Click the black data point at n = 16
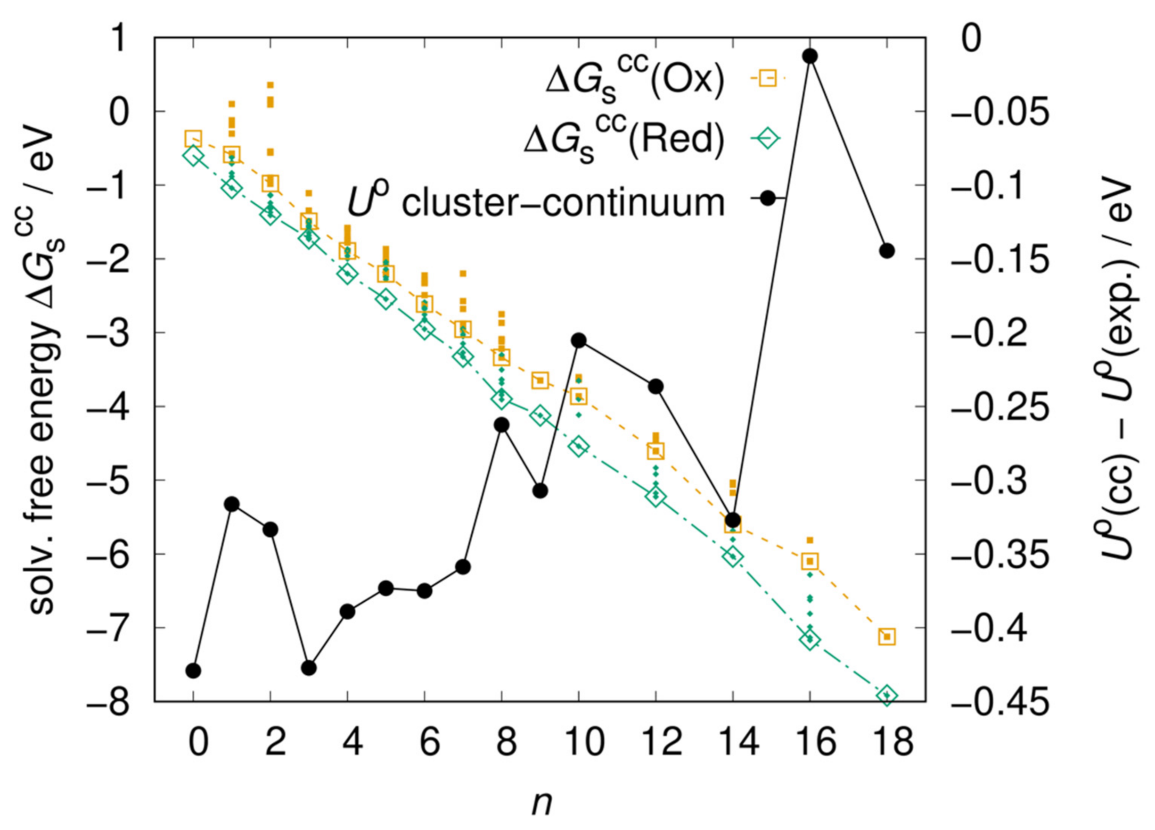click(x=810, y=56)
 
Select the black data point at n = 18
click(x=886, y=251)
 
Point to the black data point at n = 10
click(x=579, y=340)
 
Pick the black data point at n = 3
click(x=309, y=667)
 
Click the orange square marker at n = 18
click(x=886, y=636)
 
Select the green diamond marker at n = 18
click(x=886, y=696)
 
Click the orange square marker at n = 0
click(x=194, y=138)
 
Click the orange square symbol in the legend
click(x=768, y=78)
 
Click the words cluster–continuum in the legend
click(x=563, y=203)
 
